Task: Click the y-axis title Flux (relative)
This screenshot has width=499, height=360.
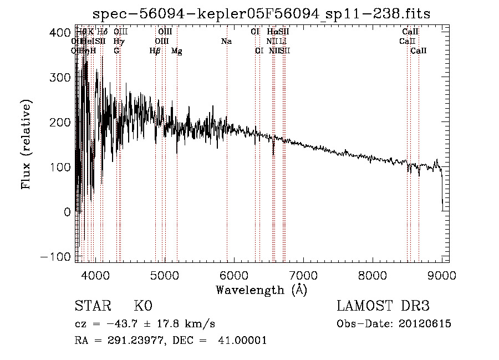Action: (26, 144)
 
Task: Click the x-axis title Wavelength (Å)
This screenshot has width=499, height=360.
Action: (261, 290)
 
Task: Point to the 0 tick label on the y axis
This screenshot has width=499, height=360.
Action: (67, 212)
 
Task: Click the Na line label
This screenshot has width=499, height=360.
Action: (226, 42)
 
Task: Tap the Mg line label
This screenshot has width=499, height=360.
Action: (177, 51)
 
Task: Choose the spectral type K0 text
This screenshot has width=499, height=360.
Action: (143, 306)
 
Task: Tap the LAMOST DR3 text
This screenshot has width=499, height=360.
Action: (383, 306)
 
